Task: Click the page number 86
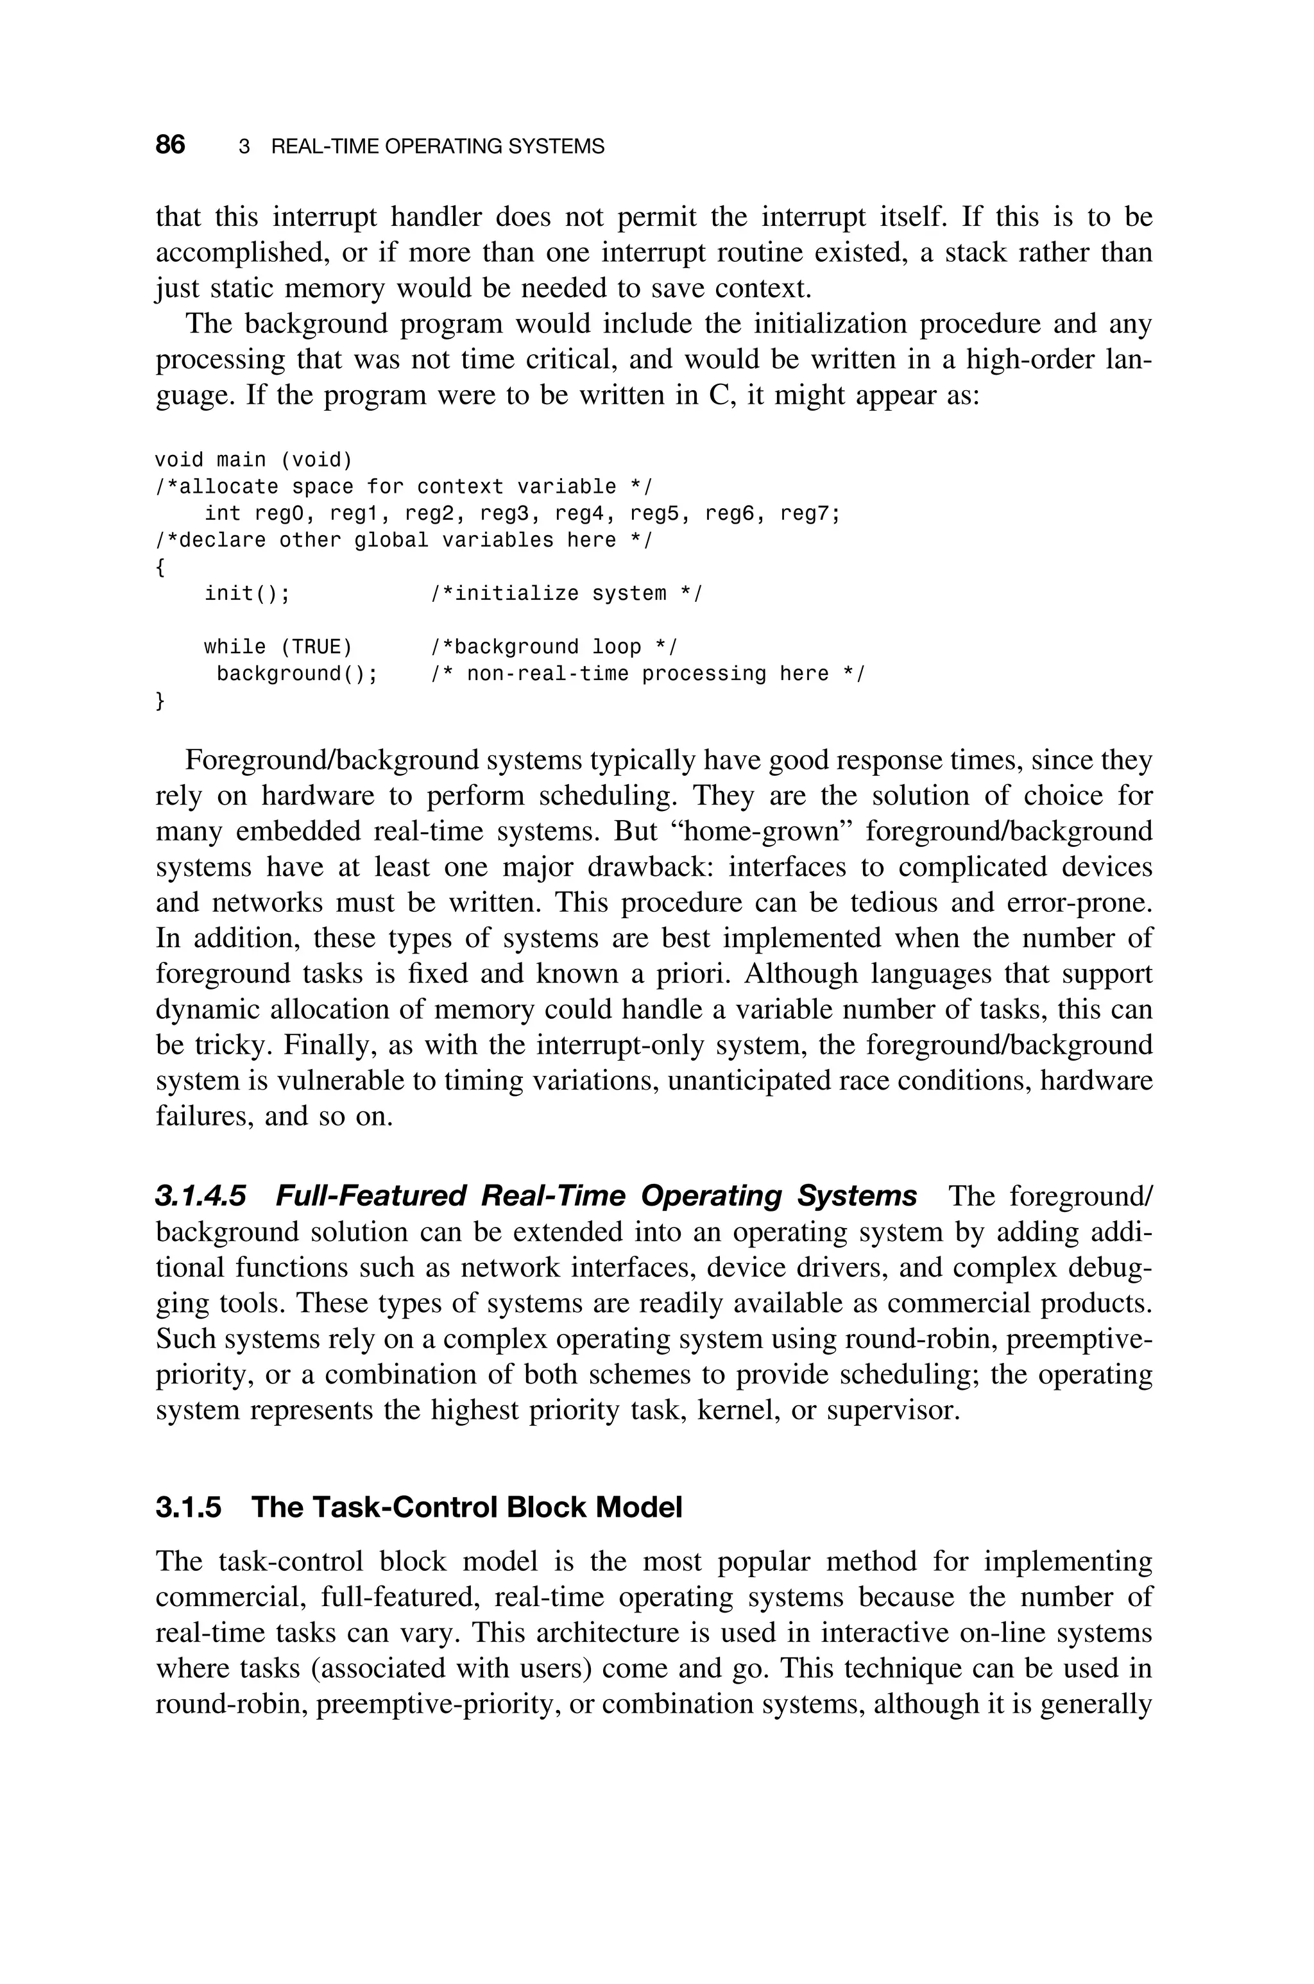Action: (x=170, y=145)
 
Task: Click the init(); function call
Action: (x=247, y=594)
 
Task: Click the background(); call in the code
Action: (x=296, y=674)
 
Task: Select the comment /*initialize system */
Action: (x=567, y=594)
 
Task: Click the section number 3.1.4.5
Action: (x=201, y=1195)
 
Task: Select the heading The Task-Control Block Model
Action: (x=467, y=1507)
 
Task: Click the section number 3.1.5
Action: (x=189, y=1507)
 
